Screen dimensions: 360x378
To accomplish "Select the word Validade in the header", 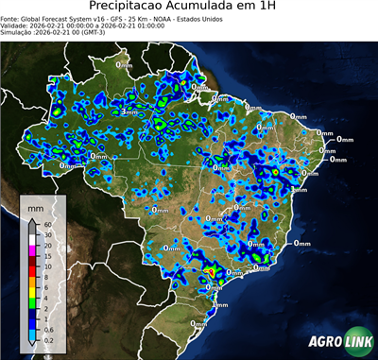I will (15, 28).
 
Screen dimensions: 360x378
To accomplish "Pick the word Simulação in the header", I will (18, 37).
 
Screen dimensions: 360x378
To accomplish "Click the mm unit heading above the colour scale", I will (35, 206).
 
